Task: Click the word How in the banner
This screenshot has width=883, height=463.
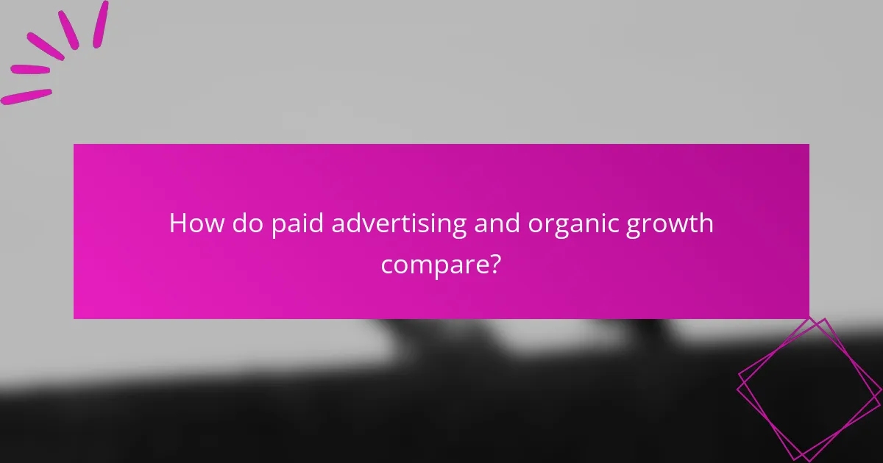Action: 196,223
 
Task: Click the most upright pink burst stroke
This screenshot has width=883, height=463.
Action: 100,24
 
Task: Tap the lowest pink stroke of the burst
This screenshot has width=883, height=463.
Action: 26,97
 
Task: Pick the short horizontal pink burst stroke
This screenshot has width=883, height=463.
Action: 30,70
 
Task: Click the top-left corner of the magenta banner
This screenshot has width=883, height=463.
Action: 74,145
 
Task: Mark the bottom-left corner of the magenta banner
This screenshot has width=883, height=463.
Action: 74,318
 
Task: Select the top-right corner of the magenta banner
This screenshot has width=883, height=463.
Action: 809,145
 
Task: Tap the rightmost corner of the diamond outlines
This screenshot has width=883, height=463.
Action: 881,390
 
